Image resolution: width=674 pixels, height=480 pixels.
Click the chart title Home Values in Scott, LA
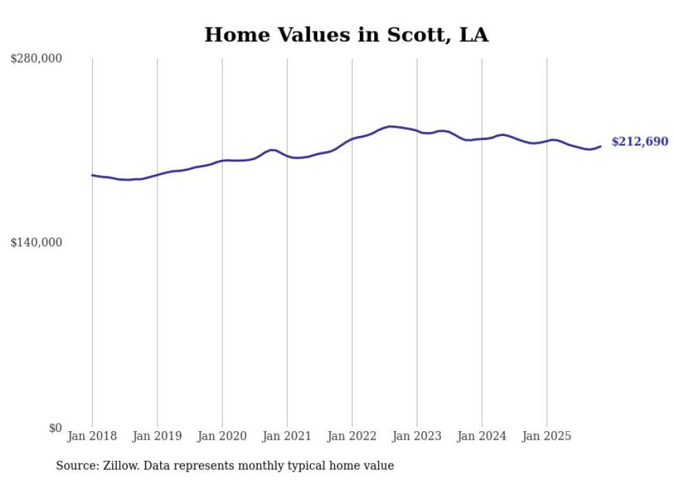(x=346, y=35)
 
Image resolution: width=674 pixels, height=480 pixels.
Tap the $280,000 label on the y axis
(x=36, y=59)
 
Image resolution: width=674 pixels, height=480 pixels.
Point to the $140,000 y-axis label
(x=36, y=242)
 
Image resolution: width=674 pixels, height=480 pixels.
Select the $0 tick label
(x=55, y=428)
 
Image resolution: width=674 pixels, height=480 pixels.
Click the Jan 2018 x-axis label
(x=92, y=436)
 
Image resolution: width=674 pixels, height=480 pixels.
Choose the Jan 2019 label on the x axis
(x=157, y=436)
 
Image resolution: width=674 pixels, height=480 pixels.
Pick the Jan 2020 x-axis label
(x=222, y=436)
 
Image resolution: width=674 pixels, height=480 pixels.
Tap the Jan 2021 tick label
(x=287, y=436)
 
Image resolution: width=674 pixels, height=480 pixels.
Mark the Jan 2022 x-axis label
(x=352, y=436)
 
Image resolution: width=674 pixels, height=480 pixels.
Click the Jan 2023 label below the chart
(x=417, y=436)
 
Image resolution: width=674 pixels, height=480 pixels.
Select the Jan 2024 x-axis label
(x=482, y=436)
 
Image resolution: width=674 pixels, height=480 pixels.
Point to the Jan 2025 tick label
(x=547, y=436)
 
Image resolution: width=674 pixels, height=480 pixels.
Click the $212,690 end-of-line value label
(x=640, y=142)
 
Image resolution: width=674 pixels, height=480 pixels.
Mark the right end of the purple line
(x=600, y=146)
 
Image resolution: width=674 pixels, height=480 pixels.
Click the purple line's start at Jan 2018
(x=92, y=175)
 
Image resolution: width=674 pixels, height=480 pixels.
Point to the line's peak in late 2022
(x=391, y=126)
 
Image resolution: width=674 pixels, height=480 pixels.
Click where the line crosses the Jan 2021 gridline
(x=287, y=156)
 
